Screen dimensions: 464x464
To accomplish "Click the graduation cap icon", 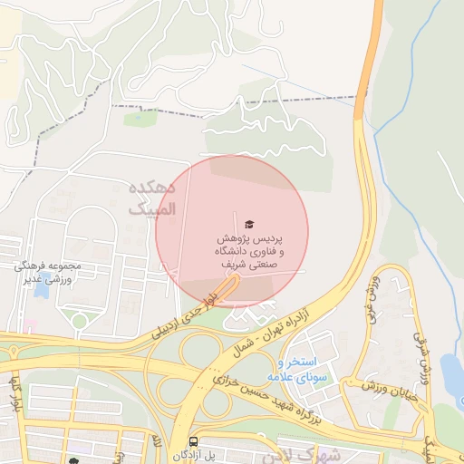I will click(249, 224).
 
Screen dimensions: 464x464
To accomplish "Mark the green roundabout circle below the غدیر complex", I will click(80, 321).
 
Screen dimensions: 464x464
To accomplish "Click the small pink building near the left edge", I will click(30, 324).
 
